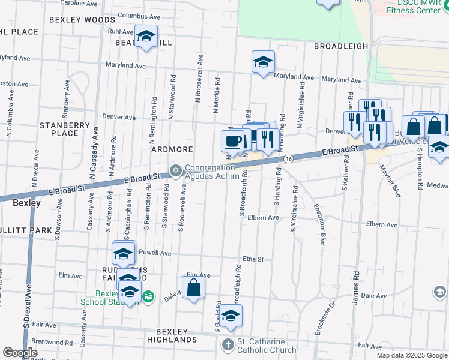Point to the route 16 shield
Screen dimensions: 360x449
(289, 158)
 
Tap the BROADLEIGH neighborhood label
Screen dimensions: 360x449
(340, 46)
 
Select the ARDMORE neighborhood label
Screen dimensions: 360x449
(172, 149)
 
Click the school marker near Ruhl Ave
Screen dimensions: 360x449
(145, 37)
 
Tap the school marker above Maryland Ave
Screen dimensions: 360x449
(263, 62)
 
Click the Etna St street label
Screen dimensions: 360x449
(253, 259)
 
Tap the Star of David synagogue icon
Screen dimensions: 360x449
(176, 170)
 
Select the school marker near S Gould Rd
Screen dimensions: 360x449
(231, 316)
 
